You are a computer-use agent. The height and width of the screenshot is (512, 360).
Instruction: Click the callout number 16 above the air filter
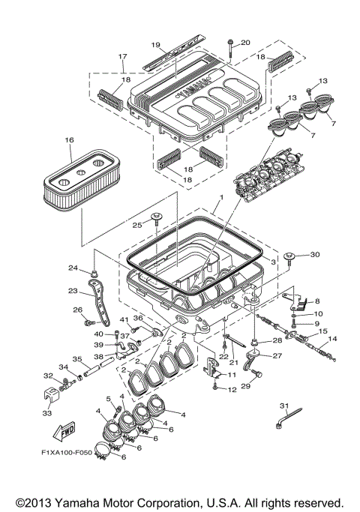[69, 140]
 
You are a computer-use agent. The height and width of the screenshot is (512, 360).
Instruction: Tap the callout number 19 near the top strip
[157, 44]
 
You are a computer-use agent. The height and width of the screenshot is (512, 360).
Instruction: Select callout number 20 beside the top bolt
[245, 42]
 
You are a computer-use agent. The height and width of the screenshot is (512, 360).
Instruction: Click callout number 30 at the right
[314, 254]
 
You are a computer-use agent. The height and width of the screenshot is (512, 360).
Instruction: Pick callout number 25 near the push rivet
[137, 224]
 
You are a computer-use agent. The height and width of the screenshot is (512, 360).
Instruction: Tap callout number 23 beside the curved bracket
[73, 291]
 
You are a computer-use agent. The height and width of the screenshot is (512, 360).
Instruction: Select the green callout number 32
[47, 375]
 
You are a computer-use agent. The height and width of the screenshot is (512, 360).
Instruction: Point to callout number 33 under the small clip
[47, 412]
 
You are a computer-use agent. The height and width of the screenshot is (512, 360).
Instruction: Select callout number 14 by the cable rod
[332, 340]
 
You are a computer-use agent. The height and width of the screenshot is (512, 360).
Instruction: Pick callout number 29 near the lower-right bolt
[244, 385]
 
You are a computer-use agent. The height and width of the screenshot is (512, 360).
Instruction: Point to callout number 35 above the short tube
[76, 358]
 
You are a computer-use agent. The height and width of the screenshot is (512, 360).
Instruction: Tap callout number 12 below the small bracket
[232, 389]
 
